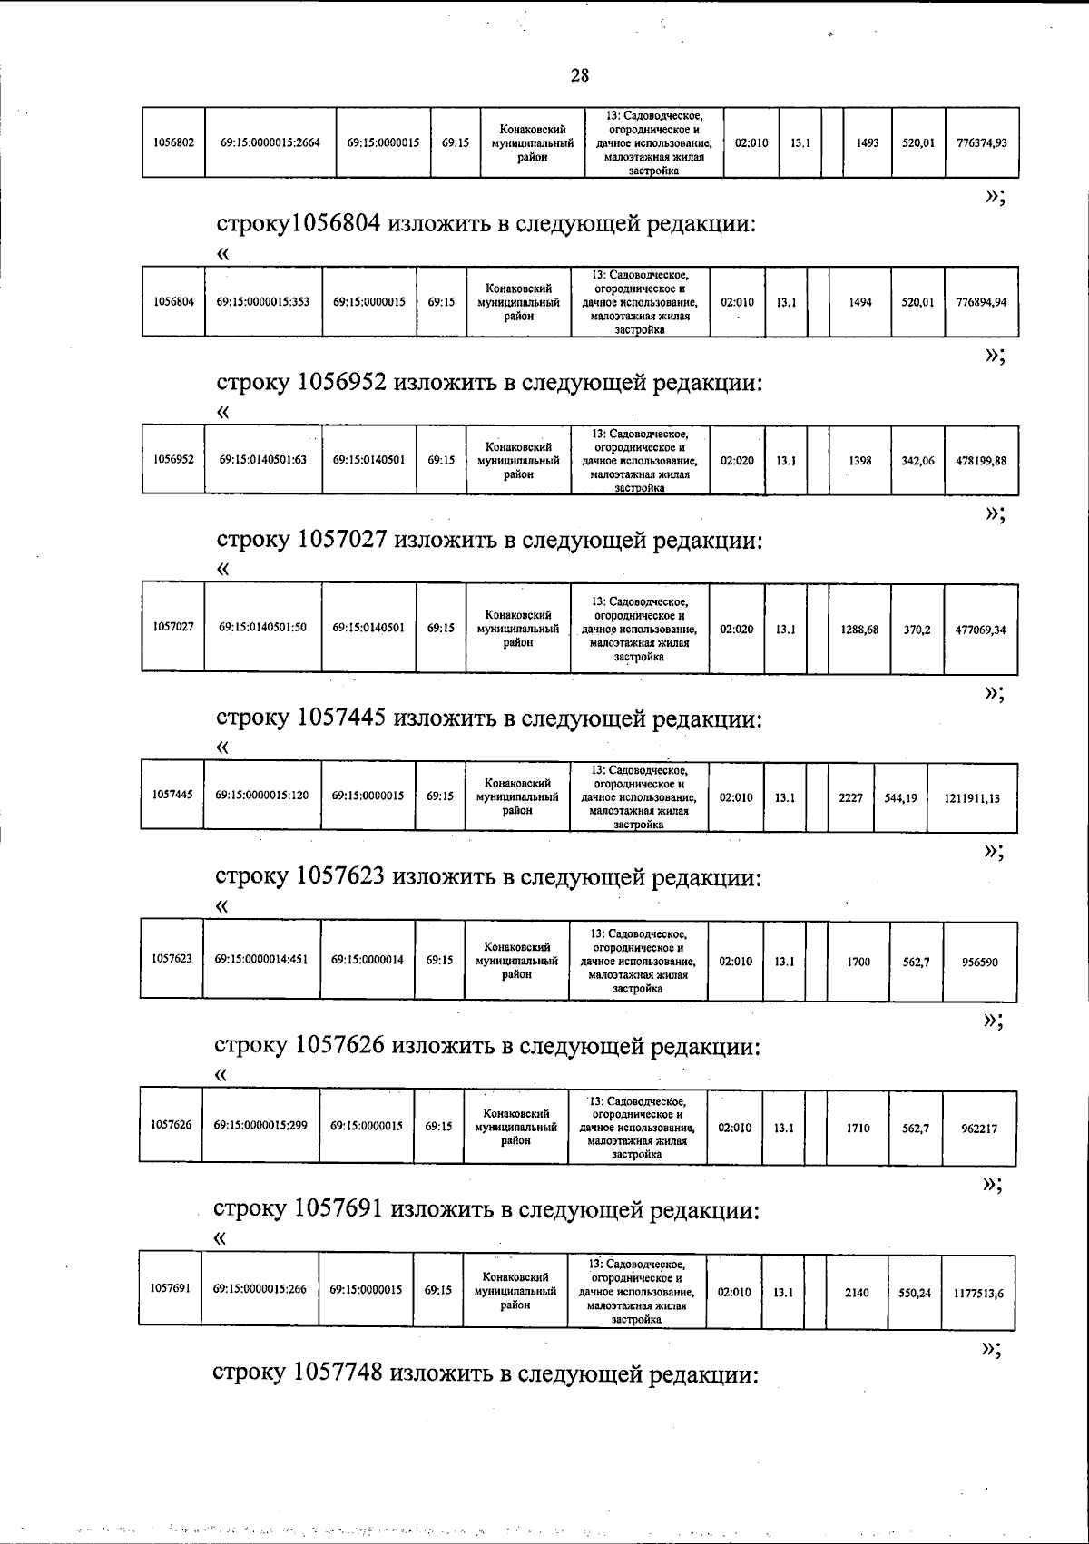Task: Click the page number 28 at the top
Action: tap(580, 76)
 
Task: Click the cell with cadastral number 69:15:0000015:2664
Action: tap(270, 142)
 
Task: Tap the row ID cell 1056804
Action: tap(173, 302)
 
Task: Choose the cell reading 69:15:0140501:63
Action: tap(263, 460)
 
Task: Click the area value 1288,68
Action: tap(858, 629)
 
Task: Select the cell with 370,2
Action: tap(917, 629)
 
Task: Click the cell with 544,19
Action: tap(899, 798)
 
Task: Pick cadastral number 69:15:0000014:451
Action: tap(261, 959)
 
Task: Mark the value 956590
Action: tap(978, 962)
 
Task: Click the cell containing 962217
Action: tap(978, 1129)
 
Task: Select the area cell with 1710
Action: tap(857, 1129)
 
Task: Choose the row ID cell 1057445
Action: tap(172, 796)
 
